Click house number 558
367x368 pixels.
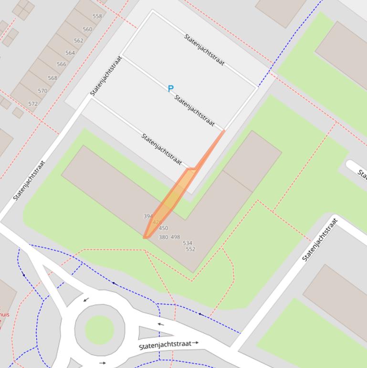click(x=97, y=16)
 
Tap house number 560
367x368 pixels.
click(x=87, y=29)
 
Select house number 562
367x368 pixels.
click(x=79, y=41)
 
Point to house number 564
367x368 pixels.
click(x=70, y=53)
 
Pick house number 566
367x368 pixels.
click(x=62, y=65)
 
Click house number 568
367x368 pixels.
click(x=52, y=78)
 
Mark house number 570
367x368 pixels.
click(x=42, y=91)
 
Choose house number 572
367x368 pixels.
click(x=33, y=104)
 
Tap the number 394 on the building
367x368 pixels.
click(x=148, y=216)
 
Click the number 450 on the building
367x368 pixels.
click(x=163, y=228)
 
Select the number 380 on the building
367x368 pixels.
click(x=163, y=237)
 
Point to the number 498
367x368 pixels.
click(x=175, y=237)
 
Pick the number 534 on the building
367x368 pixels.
click(x=188, y=243)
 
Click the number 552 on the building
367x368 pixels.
click(x=190, y=249)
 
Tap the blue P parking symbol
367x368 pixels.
click(x=170, y=88)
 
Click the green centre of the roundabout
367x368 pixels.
click(x=100, y=329)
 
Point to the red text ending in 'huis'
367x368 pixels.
click(x=4, y=314)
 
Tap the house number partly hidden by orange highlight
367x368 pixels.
click(x=157, y=222)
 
